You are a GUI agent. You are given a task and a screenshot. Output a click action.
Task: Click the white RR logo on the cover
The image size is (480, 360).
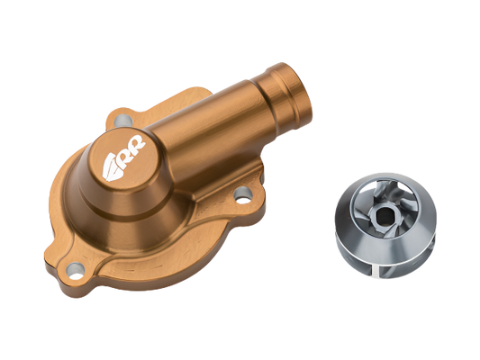click(x=123, y=157)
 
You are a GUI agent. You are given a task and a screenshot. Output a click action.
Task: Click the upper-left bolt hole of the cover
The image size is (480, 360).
click(x=123, y=120)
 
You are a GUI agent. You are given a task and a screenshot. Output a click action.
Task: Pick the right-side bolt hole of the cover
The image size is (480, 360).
click(x=243, y=195)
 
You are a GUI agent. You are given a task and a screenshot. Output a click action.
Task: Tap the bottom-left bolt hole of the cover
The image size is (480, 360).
click(x=76, y=271)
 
